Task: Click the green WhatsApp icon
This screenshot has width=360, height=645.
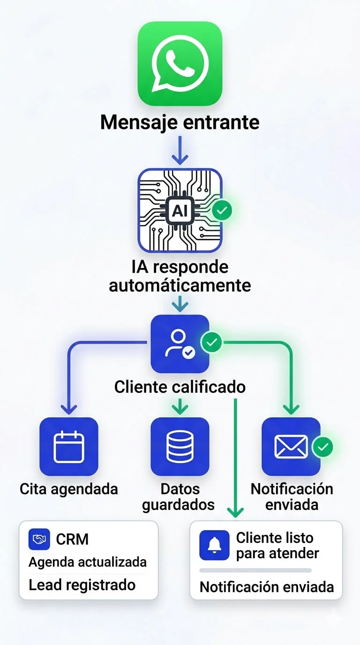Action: pyautogui.click(x=180, y=63)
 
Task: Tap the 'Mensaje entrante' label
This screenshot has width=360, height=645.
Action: pyautogui.click(x=180, y=122)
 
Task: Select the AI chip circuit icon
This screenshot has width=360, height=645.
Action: pyautogui.click(x=180, y=210)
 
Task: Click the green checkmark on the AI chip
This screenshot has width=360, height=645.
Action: pyautogui.click(x=222, y=211)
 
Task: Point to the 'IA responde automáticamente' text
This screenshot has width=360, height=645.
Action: pyautogui.click(x=180, y=276)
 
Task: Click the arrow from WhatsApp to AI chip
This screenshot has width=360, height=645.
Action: pyautogui.click(x=180, y=151)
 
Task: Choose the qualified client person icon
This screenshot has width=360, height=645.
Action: pyautogui.click(x=180, y=344)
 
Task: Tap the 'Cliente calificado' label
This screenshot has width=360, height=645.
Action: pyautogui.click(x=180, y=387)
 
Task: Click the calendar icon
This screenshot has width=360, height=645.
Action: pyautogui.click(x=69, y=447)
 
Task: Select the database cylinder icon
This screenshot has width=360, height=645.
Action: pyautogui.click(x=180, y=447)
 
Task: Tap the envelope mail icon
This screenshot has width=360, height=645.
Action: pyautogui.click(x=291, y=447)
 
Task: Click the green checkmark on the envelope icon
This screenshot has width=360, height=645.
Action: pyautogui.click(x=322, y=447)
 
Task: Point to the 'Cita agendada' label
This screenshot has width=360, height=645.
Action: pyautogui.click(x=69, y=489)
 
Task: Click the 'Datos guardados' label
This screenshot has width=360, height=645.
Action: pyautogui.click(x=178, y=497)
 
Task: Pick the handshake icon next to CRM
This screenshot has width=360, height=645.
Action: pyautogui.click(x=39, y=540)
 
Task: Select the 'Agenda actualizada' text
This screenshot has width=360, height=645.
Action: pyautogui.click(x=88, y=562)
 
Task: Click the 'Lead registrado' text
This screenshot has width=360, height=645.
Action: pyautogui.click(x=82, y=585)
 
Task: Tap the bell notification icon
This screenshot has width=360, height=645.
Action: pyautogui.click(x=214, y=545)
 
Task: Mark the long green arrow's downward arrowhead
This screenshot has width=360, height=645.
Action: pyautogui.click(x=235, y=512)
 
